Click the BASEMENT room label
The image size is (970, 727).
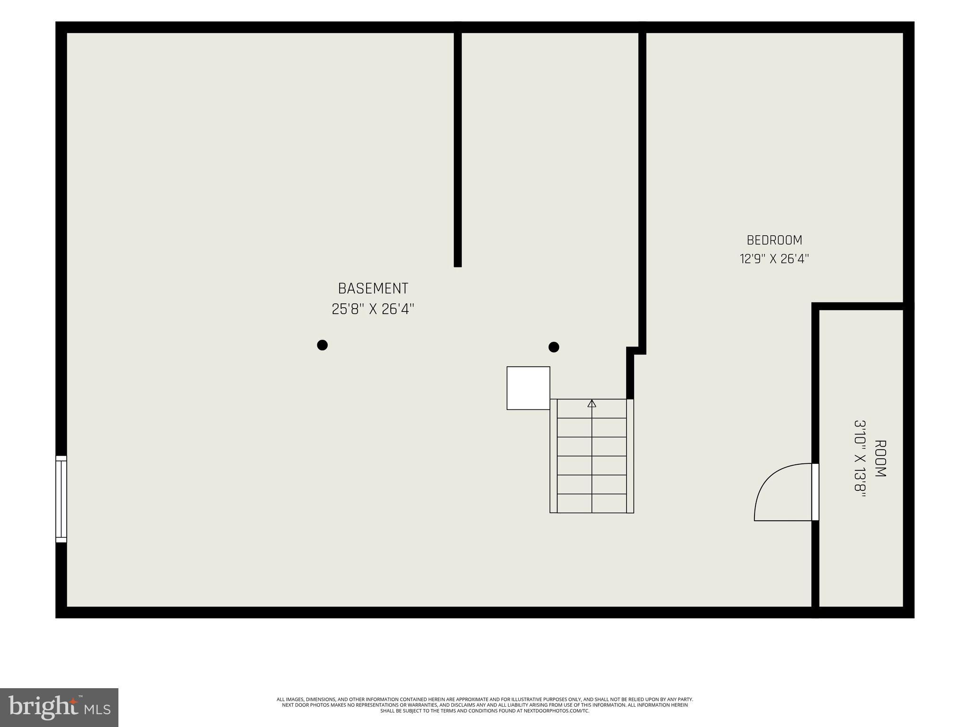(x=373, y=288)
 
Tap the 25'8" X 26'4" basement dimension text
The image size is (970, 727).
(x=373, y=309)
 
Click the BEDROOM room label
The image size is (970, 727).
(x=774, y=240)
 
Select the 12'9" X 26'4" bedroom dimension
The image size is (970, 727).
(x=774, y=259)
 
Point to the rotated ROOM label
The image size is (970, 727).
(x=880, y=459)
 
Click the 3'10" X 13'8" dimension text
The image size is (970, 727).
(x=860, y=459)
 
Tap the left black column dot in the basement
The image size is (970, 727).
(x=322, y=345)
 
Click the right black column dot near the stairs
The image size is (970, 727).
(x=554, y=347)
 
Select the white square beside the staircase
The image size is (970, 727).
(x=528, y=388)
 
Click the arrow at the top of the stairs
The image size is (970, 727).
(x=592, y=404)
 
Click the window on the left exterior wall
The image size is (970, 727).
(x=61, y=499)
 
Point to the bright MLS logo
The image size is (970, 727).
(x=59, y=708)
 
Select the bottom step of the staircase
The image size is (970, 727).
(x=592, y=503)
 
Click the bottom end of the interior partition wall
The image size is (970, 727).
(x=458, y=266)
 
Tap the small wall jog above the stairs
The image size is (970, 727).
(x=636, y=351)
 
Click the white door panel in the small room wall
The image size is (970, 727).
(x=815, y=492)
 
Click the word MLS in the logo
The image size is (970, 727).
(x=98, y=709)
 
